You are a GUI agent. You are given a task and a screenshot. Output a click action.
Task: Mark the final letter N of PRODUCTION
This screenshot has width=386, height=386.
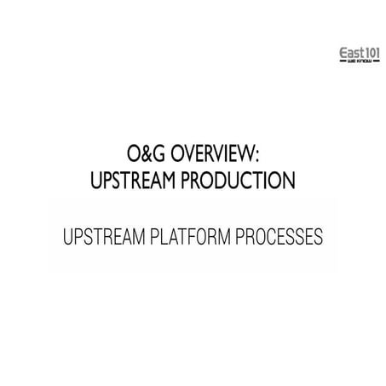(292, 181)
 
